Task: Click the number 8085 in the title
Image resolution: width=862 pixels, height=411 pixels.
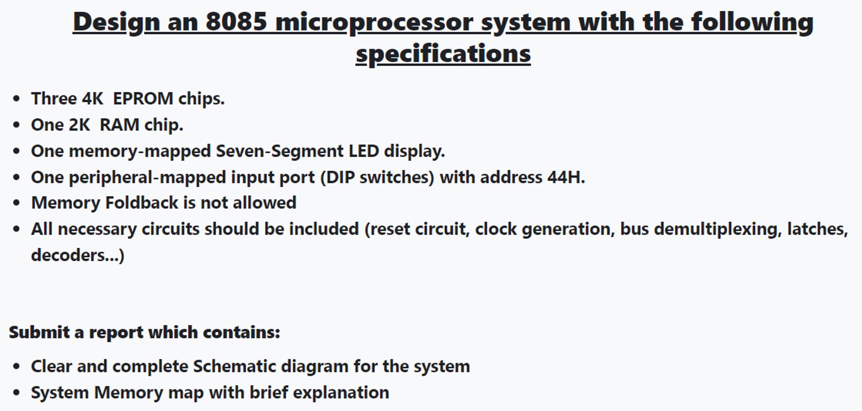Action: [236, 22]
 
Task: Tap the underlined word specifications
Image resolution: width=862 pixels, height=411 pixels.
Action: [443, 54]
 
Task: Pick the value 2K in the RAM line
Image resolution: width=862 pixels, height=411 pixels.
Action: [79, 124]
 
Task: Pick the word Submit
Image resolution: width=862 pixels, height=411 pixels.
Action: [39, 332]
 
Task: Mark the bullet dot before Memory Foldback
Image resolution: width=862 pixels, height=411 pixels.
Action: [17, 203]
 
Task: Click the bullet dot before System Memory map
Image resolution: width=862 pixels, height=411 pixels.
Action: [17, 393]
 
